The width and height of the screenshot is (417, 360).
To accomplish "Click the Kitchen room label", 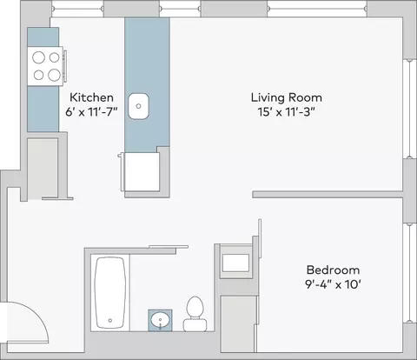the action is pyautogui.click(x=91, y=97).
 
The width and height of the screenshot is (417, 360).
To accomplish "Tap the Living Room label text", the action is pyautogui.click(x=287, y=97).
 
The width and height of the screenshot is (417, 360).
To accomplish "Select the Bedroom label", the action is pyautogui.click(x=333, y=270).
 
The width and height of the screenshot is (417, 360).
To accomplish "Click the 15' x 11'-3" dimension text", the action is pyautogui.click(x=286, y=111).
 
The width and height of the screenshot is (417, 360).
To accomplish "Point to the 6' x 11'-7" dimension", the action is pyautogui.click(x=91, y=111).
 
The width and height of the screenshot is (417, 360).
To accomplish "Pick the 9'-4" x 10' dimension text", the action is pyautogui.click(x=333, y=284).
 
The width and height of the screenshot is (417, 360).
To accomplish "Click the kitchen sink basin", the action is pyautogui.click(x=139, y=106).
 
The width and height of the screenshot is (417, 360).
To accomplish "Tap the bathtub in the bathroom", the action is pyautogui.click(x=110, y=293).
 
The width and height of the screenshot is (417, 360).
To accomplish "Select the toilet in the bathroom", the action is pyautogui.click(x=195, y=314).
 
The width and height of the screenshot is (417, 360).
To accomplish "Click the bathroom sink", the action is pyautogui.click(x=160, y=320).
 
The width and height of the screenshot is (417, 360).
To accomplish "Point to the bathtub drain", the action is pyautogui.click(x=110, y=320).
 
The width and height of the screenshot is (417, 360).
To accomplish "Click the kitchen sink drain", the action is pyautogui.click(x=138, y=106).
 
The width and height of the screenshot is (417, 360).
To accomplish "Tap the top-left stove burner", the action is pyautogui.click(x=38, y=57).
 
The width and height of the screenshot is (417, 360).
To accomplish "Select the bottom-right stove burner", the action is pyautogui.click(x=54, y=75).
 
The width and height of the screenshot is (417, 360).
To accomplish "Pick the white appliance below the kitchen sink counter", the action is pyautogui.click(x=142, y=171).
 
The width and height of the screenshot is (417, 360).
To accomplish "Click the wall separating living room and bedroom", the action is pyautogui.click(x=328, y=194).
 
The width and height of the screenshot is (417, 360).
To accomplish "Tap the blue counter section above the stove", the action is pyautogui.click(x=43, y=37).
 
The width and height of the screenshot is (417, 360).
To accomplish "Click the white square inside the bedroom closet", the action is pyautogui.click(x=235, y=263).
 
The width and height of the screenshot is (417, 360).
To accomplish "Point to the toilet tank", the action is pyautogui.click(x=195, y=325).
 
